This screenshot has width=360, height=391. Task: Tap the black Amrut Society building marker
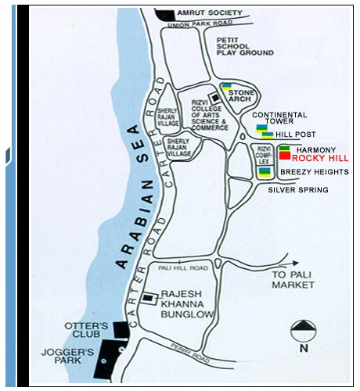pyautogui.click(x=166, y=13)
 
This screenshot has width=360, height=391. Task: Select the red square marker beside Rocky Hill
pyautogui.click(x=284, y=156)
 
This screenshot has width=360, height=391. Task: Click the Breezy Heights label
pyautogui.click(x=311, y=171)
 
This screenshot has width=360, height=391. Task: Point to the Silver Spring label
pyautogui.click(x=297, y=189)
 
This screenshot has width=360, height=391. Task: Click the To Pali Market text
pyautogui.click(x=292, y=281)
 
